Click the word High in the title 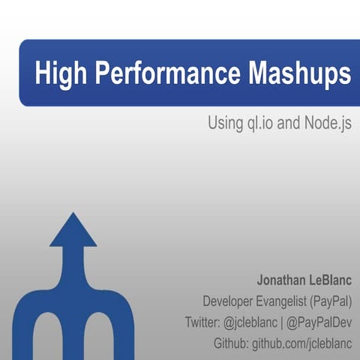pyautogui.click(x=59, y=74)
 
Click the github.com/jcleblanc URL pyautogui.click(x=303, y=343)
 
